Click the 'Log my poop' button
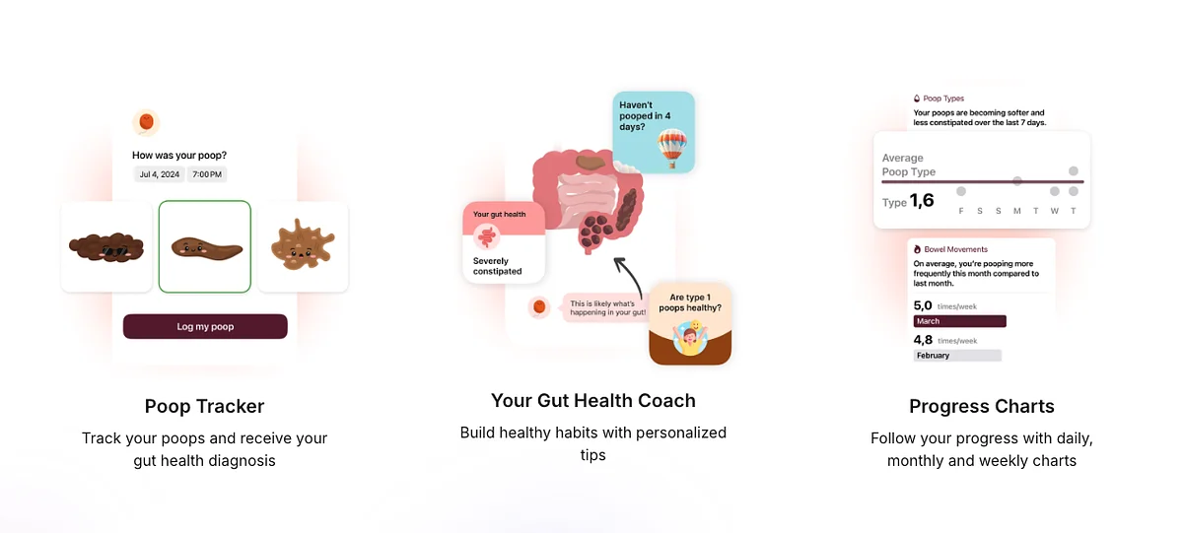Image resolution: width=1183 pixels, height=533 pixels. tap(205, 326)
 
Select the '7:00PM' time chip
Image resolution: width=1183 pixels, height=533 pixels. tap(207, 174)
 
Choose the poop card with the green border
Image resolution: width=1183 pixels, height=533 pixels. tap(205, 246)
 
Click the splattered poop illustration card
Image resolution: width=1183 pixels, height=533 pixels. tap(303, 246)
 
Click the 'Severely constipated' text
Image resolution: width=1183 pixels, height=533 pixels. tap(497, 266)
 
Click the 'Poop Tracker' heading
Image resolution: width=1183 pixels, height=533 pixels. tap(204, 406)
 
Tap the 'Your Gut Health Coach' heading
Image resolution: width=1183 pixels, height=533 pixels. tap(592, 400)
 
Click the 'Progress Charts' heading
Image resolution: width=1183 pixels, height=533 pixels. tap(981, 406)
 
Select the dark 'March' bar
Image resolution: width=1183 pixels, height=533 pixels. tap(959, 321)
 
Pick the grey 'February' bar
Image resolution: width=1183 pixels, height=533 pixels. tap(957, 356)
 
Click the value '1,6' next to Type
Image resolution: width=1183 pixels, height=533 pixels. tap(922, 201)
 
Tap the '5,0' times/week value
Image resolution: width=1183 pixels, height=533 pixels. tap(923, 305)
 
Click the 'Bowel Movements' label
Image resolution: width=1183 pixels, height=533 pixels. tap(954, 249)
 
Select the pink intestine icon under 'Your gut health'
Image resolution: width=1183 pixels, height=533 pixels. tap(486, 236)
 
